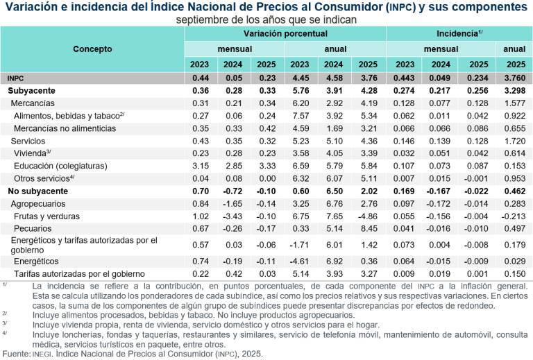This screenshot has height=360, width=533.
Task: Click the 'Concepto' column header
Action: click(92, 49)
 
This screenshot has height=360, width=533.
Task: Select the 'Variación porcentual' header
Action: click(285, 33)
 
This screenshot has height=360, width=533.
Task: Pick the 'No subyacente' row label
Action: click(37, 190)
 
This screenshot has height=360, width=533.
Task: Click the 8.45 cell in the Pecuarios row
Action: click(368, 228)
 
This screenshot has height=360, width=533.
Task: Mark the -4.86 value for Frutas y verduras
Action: click(368, 215)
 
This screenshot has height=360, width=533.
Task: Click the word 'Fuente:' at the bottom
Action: click(16, 354)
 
